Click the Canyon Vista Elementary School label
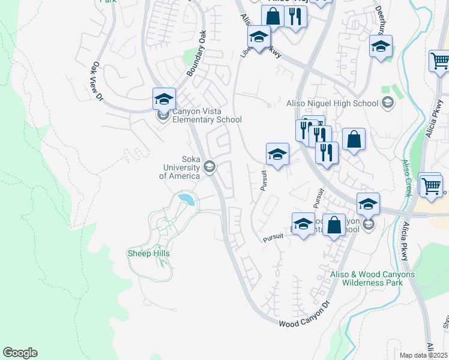point(207,115)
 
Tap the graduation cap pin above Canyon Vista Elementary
point(164,99)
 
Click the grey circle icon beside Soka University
point(209,166)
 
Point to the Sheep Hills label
point(148,254)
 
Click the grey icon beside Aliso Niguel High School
point(388,103)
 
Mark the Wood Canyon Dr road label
point(305,316)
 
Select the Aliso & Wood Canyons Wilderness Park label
point(372,279)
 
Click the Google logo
point(20,353)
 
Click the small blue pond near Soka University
point(186,199)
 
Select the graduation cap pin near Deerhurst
point(381,47)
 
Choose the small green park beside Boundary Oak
point(191,58)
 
